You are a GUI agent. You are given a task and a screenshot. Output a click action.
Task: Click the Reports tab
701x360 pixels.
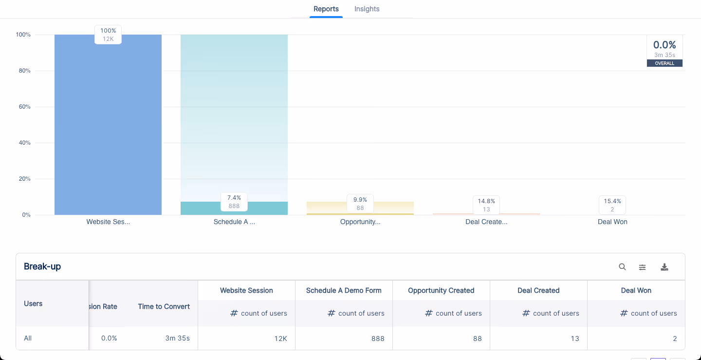326,9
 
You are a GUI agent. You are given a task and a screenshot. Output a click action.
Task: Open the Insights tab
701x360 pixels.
367,9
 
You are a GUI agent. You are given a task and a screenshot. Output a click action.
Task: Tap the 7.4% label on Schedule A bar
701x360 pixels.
234,202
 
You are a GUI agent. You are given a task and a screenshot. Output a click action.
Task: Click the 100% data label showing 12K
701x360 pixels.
108,35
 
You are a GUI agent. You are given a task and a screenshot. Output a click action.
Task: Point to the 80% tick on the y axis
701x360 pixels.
23,71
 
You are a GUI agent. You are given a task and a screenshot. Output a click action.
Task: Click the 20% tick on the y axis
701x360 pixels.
23,179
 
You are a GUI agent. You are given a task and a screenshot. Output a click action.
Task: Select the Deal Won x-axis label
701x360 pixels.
612,222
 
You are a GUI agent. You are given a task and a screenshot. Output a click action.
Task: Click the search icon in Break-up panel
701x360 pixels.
622,267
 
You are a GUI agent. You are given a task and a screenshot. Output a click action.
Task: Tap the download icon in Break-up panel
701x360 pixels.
664,267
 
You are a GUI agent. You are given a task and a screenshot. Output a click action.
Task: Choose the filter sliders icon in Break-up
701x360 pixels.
643,267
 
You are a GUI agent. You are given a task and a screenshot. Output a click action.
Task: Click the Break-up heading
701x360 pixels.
42,266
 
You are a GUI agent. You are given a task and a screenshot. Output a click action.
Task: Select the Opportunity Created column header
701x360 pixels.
441,290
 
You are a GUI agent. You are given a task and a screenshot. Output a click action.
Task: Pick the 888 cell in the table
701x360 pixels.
378,338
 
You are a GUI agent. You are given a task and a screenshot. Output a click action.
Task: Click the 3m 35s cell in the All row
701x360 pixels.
177,338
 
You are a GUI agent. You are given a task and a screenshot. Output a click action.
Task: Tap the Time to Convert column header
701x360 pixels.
164,306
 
